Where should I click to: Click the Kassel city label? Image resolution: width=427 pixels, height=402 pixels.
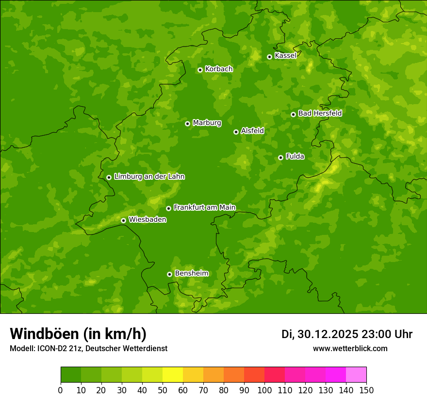click(x=285, y=56)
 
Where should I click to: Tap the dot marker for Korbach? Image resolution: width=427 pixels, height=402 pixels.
click(x=200, y=70)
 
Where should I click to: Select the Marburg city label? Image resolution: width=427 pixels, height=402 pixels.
click(x=207, y=123)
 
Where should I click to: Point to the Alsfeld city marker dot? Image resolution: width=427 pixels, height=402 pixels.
click(x=236, y=132)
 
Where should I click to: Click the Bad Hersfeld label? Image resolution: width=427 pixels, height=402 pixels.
click(x=320, y=113)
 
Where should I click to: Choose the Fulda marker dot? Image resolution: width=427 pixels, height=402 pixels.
click(x=280, y=157)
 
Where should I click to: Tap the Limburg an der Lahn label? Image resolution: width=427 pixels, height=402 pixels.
click(x=149, y=176)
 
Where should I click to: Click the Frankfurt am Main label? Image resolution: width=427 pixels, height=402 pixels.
click(x=204, y=207)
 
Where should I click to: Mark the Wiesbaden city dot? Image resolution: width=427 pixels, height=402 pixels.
click(x=123, y=220)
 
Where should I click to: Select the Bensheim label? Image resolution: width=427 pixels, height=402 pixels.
click(x=191, y=273)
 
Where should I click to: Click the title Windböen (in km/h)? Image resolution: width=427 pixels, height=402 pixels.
click(x=78, y=334)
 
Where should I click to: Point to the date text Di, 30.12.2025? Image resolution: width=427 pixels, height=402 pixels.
click(x=320, y=334)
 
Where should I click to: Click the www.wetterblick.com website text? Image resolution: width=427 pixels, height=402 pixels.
click(x=350, y=348)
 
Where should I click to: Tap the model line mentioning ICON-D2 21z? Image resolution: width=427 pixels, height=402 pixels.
click(x=88, y=348)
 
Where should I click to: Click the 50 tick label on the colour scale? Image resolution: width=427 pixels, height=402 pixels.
click(x=163, y=390)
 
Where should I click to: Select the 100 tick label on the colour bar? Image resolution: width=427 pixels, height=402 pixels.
click(x=264, y=390)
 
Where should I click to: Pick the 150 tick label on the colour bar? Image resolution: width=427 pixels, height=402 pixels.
click(x=366, y=390)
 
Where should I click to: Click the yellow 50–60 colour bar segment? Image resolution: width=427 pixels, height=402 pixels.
click(x=173, y=375)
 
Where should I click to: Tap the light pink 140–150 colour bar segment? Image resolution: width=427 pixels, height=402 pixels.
click(x=356, y=375)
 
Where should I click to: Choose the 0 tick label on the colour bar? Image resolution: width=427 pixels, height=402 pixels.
click(x=61, y=390)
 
